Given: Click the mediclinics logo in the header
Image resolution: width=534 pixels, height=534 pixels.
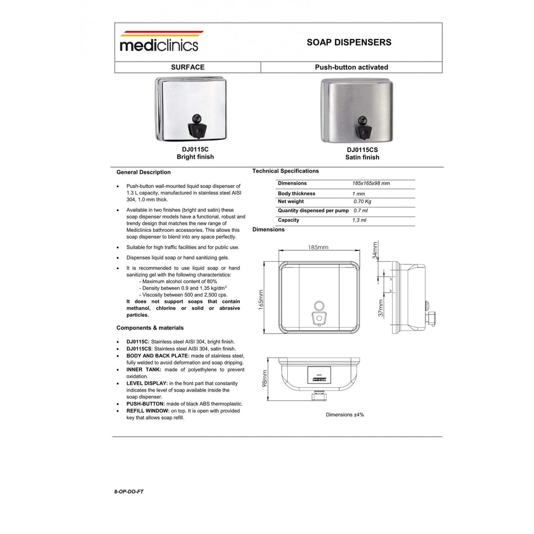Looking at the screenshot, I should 159,43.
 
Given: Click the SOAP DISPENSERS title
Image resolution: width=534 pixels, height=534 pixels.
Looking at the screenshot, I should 349,43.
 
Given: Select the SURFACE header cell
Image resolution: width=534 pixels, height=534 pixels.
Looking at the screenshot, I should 188,67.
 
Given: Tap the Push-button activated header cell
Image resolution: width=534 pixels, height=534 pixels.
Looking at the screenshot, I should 351,67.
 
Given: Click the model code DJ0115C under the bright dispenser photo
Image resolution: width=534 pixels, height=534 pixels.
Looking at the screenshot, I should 195,150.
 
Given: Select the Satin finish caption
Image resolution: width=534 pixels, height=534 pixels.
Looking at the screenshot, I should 362,157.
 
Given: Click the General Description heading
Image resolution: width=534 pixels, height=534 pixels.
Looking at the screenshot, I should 143,172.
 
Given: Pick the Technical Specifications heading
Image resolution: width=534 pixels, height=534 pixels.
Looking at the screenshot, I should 285,171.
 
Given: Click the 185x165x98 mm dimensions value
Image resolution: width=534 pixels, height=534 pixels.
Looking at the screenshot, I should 371,183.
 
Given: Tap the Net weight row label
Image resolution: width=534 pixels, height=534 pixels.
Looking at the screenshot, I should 291,201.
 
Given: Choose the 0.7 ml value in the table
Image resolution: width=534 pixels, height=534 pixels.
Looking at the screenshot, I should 360,211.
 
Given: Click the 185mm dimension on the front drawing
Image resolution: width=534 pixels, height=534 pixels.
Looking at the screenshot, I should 318,247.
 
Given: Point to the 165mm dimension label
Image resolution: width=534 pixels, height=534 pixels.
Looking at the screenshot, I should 261,300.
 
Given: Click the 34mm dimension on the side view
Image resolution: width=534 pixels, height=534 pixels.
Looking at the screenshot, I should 375,250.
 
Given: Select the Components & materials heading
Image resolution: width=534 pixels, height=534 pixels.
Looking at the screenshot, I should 150,328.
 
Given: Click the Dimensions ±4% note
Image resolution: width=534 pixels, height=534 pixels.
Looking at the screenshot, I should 345,415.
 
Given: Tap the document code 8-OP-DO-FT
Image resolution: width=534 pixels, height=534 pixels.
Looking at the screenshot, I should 129,491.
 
